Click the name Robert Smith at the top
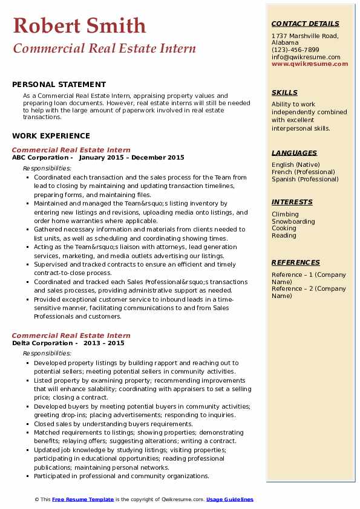tap(79, 25)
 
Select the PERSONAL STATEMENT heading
tap(59, 85)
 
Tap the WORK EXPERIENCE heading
tap(51, 136)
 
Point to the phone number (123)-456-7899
tap(295, 50)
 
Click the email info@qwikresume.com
tap(306, 57)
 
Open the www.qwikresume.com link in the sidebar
tap(310, 64)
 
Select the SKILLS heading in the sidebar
tap(284, 92)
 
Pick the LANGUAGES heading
tap(294, 153)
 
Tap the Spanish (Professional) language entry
tap(305, 179)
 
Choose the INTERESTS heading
tap(292, 202)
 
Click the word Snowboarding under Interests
tap(293, 221)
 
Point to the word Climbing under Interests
tap(285, 214)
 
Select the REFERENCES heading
tap(295, 262)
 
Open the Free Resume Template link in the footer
tap(83, 499)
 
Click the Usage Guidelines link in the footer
tap(229, 499)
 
